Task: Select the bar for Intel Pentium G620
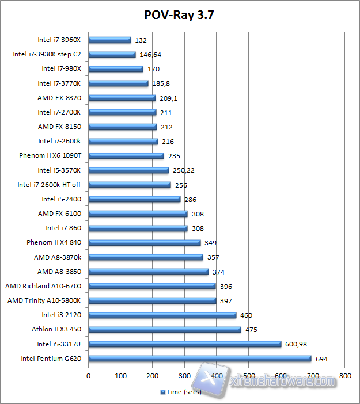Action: click(x=199, y=359)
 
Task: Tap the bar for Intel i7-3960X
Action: click(x=109, y=40)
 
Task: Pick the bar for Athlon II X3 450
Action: click(x=164, y=330)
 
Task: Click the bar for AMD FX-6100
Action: click(x=138, y=214)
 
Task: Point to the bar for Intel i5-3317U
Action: click(x=184, y=344)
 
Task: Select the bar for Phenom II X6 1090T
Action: click(x=126, y=156)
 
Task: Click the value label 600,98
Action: click(x=296, y=344)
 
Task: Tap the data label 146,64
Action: click(x=151, y=55)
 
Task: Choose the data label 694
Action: click(x=321, y=359)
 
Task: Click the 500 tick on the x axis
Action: click(x=249, y=375)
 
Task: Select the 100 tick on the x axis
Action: click(x=120, y=375)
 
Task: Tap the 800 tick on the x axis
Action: click(x=345, y=375)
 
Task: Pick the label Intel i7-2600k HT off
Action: click(x=49, y=185)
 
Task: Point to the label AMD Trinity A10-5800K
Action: click(x=47, y=300)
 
